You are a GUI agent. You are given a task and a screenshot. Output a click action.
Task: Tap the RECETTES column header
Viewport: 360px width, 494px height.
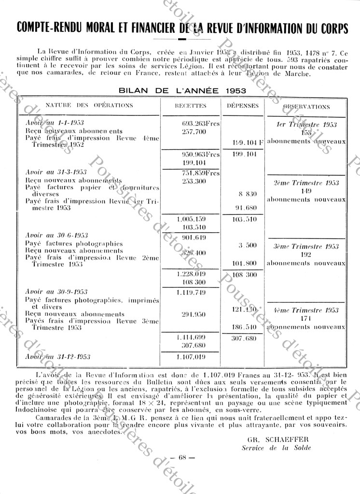(193, 106)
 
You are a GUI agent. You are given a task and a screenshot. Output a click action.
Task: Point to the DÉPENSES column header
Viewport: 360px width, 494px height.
(243, 106)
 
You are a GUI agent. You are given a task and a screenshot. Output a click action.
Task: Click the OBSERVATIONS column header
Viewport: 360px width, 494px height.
(307, 106)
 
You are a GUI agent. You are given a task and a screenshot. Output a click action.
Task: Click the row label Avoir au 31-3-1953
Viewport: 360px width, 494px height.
(56, 172)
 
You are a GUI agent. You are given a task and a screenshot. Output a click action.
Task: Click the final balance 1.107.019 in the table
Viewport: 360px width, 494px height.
(192, 357)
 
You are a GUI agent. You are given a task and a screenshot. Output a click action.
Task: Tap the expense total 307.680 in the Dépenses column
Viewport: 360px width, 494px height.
(243, 339)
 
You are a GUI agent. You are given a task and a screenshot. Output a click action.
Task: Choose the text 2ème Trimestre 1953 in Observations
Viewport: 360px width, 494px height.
(306, 183)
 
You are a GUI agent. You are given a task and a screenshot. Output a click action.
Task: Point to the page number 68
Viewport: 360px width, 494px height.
(182, 458)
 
